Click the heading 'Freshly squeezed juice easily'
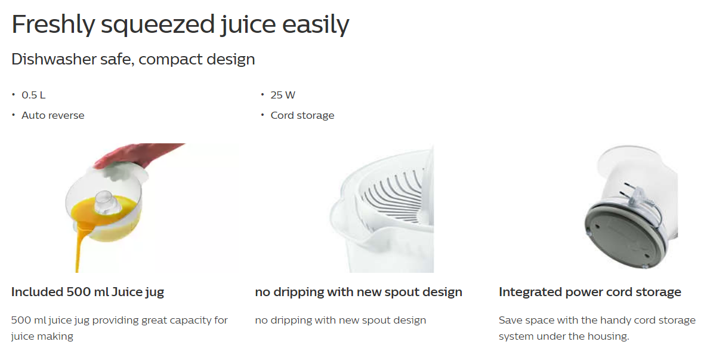[180, 24]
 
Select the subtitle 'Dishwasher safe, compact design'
[133, 59]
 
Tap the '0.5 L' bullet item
[33, 96]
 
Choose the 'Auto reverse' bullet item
[53, 115]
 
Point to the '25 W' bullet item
[283, 96]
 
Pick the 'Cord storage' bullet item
[302, 115]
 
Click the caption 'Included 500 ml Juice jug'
[88, 292]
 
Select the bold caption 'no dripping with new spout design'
[359, 292]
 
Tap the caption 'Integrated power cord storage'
[590, 292]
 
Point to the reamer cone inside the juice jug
[104, 203]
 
